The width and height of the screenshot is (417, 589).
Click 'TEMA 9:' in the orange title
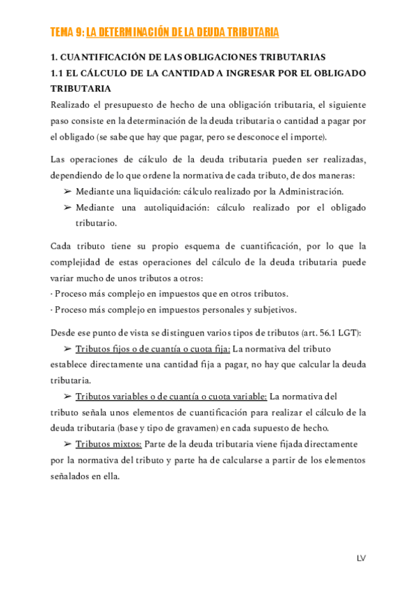(x=68, y=33)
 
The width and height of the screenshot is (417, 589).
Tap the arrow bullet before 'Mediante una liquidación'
(x=67, y=191)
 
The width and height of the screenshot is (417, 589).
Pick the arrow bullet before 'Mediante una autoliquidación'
(x=67, y=208)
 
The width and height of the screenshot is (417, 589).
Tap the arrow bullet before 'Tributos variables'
(x=67, y=397)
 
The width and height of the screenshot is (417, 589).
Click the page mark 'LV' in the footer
(x=361, y=558)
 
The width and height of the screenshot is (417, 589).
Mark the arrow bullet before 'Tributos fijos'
(x=67, y=349)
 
